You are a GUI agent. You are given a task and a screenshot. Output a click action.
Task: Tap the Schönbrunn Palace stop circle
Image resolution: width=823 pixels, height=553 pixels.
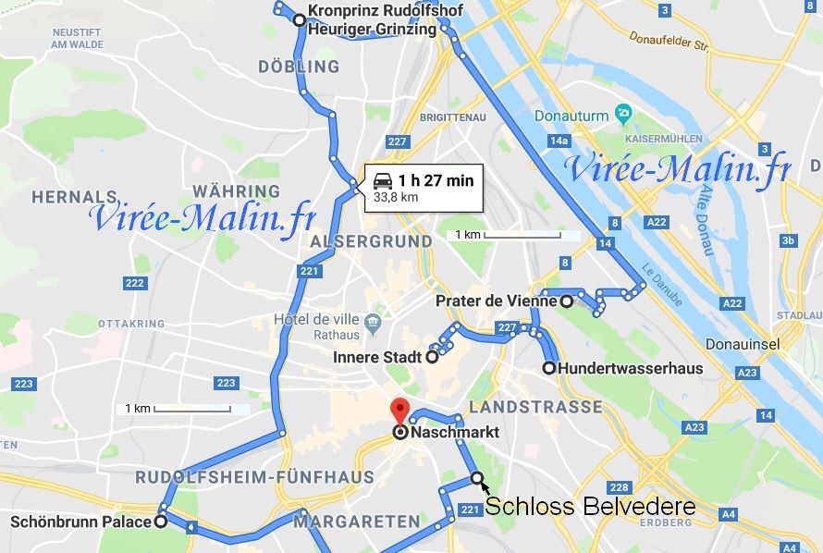click(160, 522)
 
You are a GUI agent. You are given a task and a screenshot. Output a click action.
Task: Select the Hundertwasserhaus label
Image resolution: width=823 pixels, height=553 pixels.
click(631, 368)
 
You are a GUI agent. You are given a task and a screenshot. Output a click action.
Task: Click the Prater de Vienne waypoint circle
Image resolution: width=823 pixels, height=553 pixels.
click(567, 301)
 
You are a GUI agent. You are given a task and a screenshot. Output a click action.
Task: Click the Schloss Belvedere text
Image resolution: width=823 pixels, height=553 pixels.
click(590, 507)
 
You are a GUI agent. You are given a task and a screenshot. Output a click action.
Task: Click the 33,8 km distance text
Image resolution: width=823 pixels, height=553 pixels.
click(396, 197)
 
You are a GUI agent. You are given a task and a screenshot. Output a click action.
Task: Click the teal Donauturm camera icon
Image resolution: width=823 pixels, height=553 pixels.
click(623, 114)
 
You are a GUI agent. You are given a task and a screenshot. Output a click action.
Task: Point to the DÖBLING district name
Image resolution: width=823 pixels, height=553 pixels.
click(299, 67)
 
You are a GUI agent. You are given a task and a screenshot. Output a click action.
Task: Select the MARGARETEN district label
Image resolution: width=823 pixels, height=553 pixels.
click(344, 522)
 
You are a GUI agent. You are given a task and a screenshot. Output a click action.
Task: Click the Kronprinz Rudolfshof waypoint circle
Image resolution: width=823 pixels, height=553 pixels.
click(298, 20)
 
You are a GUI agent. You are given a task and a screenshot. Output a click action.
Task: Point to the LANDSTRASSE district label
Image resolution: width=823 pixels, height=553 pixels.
click(535, 407)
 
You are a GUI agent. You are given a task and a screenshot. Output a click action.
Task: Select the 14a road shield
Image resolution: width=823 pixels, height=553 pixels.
click(558, 141)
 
